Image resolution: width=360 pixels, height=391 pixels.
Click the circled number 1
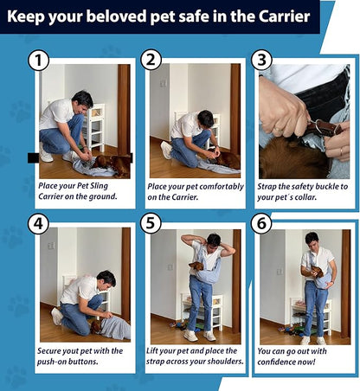(38, 61)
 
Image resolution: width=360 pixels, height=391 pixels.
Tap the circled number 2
(151, 60)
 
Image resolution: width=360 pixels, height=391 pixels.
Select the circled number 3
(261, 60)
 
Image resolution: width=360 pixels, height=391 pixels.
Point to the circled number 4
(38, 223)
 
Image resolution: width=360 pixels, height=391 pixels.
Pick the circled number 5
(151, 223)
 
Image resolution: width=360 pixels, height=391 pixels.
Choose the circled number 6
(261, 223)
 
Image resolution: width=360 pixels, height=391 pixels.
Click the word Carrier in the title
(284, 16)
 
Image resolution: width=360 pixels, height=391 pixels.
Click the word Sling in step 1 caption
(99, 186)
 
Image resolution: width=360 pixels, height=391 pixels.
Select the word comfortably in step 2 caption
(222, 187)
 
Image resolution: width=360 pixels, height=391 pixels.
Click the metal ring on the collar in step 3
(320, 126)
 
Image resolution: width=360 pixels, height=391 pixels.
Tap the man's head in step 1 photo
(82, 101)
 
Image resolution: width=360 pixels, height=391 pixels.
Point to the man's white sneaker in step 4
(56, 317)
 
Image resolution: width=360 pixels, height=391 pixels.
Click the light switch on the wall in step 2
(164, 83)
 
